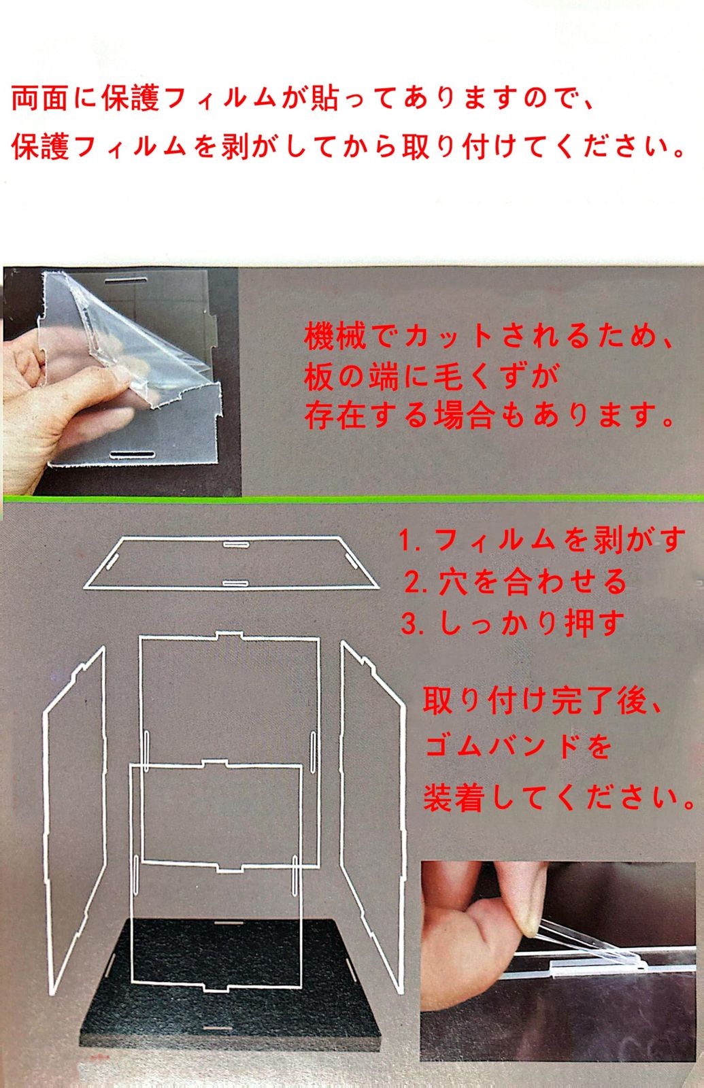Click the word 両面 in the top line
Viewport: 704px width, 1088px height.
coord(39,98)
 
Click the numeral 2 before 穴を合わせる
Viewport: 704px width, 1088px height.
coord(412,582)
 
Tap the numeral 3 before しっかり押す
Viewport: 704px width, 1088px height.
coord(409,624)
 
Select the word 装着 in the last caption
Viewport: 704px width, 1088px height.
coord(454,798)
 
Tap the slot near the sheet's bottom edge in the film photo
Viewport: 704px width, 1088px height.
coord(132,455)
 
